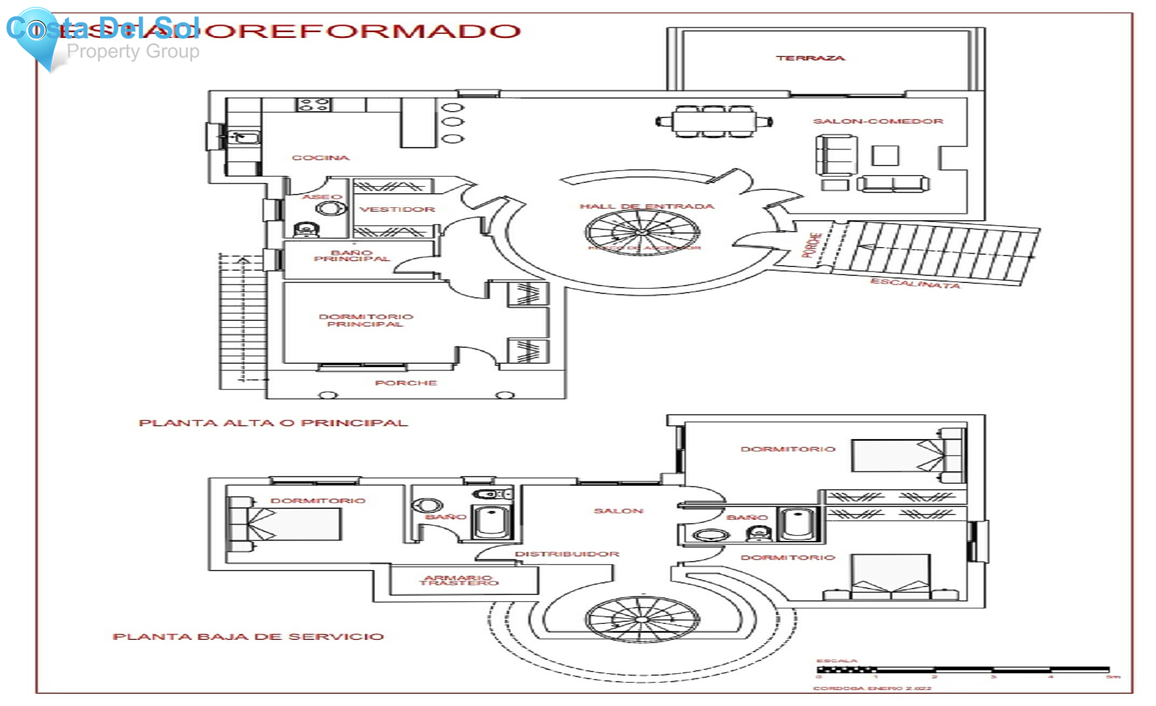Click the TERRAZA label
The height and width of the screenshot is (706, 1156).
click(x=810, y=58)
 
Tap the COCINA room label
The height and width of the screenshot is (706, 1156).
click(x=320, y=157)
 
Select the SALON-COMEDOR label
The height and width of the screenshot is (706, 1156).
click(x=878, y=121)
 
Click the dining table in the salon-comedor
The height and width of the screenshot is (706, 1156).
click(x=714, y=121)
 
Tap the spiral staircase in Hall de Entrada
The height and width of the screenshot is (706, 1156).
click(x=642, y=232)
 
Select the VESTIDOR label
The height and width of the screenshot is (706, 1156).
click(x=397, y=209)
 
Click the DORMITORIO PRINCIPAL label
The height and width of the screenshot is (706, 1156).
click(x=365, y=320)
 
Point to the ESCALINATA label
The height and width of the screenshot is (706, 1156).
click(x=915, y=283)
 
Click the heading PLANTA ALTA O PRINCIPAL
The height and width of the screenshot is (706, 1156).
click(x=273, y=423)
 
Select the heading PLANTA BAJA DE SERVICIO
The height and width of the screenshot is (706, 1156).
click(x=248, y=637)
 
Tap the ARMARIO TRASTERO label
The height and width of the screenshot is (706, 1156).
click(x=459, y=580)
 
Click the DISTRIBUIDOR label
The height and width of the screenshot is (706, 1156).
click(x=566, y=554)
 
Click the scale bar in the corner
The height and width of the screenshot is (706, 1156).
click(x=963, y=670)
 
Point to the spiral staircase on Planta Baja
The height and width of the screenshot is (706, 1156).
click(x=642, y=619)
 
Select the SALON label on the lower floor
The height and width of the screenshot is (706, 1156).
click(x=618, y=511)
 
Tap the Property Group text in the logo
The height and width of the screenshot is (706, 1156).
click(x=133, y=51)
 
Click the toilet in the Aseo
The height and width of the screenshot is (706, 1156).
click(x=306, y=228)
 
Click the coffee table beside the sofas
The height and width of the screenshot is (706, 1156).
click(x=885, y=155)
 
